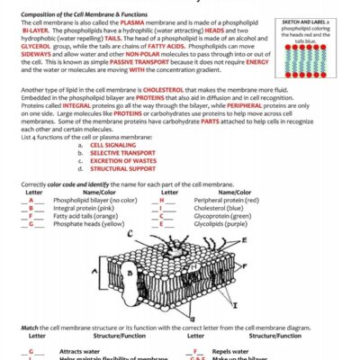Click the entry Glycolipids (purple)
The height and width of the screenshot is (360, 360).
213,224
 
